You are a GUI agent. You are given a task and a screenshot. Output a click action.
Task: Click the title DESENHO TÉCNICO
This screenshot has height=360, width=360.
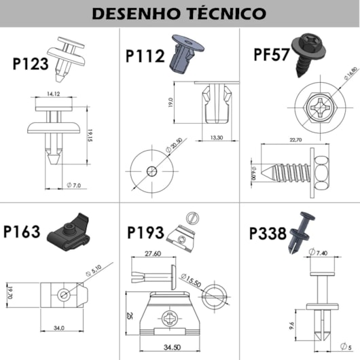click(179, 14)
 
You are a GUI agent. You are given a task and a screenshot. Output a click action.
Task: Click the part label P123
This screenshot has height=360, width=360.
click(31, 65)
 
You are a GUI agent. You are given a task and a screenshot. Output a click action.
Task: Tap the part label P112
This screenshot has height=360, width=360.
click(145, 55)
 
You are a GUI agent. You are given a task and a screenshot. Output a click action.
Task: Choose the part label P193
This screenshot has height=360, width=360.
click(145, 232)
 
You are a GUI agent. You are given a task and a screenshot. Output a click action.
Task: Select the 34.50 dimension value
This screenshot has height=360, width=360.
click(181, 347)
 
